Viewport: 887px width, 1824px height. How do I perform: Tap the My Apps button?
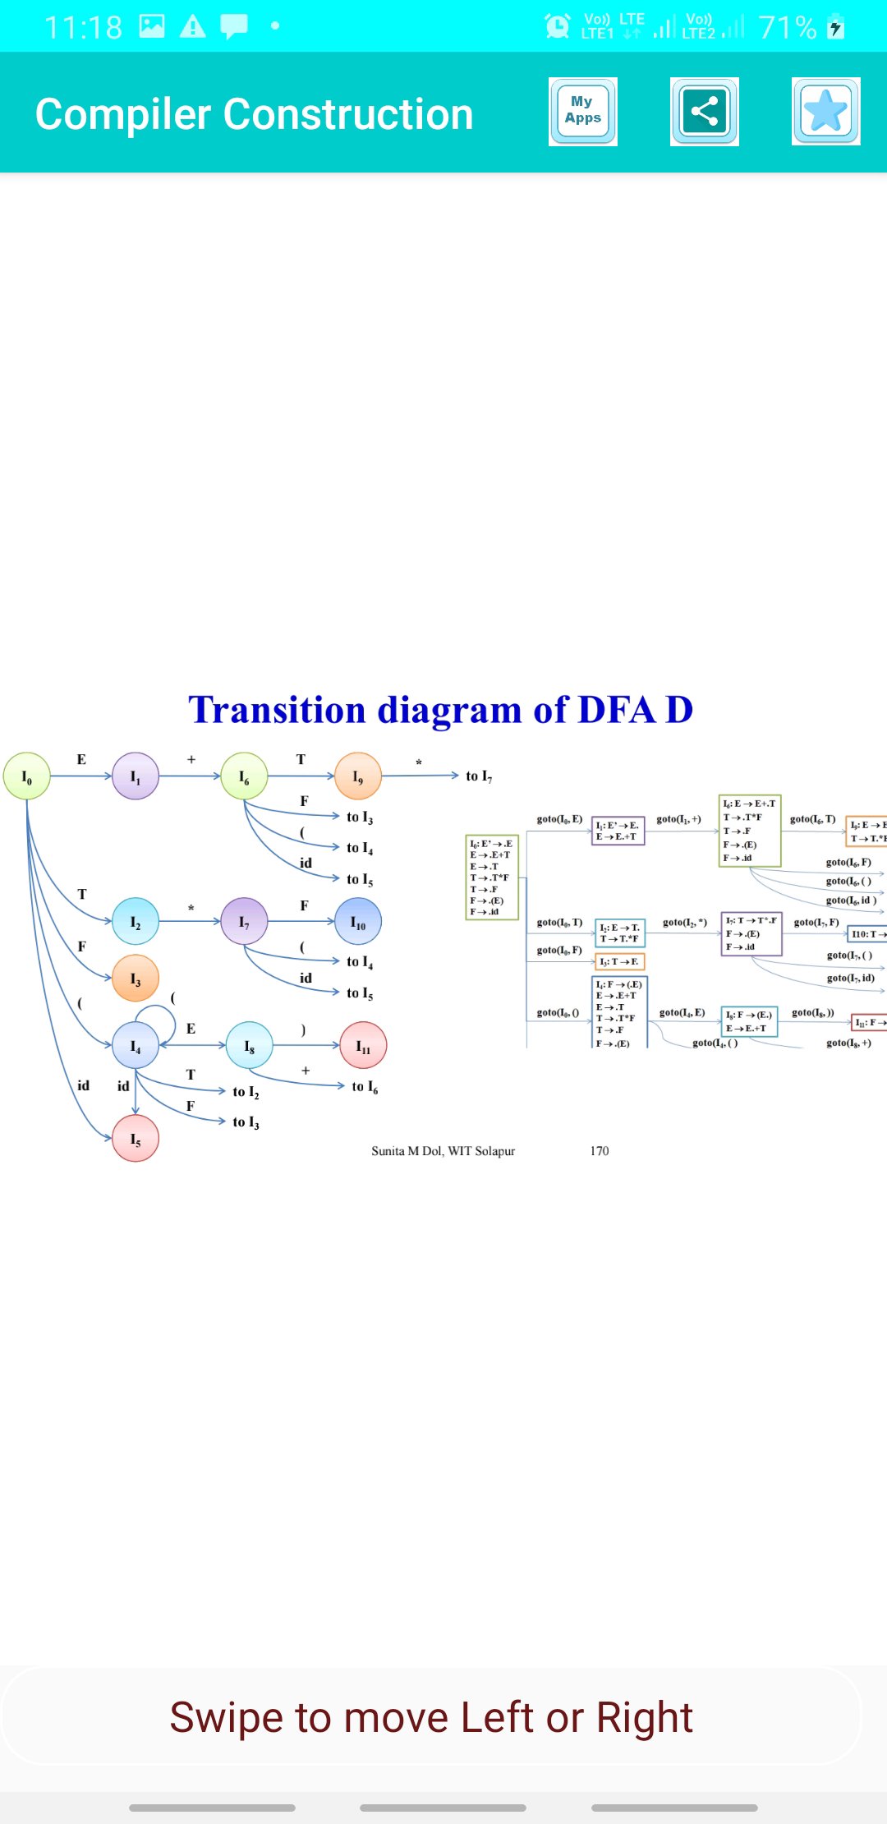click(582, 112)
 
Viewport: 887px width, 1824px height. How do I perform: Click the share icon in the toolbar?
click(704, 112)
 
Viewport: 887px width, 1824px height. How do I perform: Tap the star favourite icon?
click(825, 112)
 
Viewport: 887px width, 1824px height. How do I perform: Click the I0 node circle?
click(27, 776)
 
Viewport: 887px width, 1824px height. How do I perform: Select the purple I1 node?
click(136, 776)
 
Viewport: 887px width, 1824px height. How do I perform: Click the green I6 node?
click(244, 776)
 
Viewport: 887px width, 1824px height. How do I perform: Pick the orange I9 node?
click(358, 776)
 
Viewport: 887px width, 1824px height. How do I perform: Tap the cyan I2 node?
click(136, 922)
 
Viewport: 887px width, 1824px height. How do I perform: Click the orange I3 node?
click(136, 979)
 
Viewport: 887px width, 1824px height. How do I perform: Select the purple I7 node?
click(244, 922)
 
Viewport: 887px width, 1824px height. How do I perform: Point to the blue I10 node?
click(358, 922)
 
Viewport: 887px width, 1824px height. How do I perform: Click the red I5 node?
click(136, 1139)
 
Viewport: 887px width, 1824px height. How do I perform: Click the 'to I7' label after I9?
click(479, 776)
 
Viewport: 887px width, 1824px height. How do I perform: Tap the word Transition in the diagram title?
click(277, 710)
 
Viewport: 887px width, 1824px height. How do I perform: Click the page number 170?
click(600, 1151)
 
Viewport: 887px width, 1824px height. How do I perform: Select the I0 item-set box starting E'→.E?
click(492, 877)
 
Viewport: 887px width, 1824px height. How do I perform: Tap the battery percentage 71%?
click(787, 28)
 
